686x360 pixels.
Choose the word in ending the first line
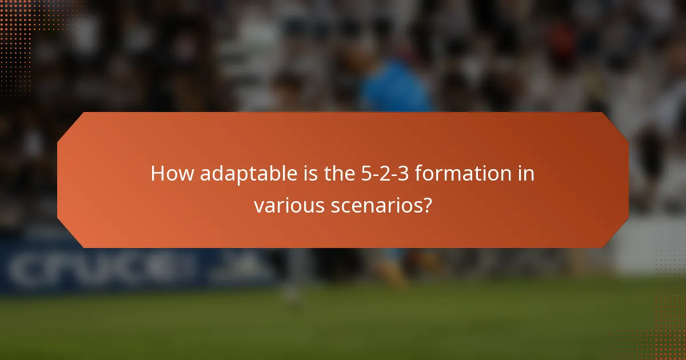click(527, 174)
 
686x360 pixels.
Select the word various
click(289, 205)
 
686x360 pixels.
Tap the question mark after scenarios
click(426, 205)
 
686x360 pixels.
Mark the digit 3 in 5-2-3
click(401, 174)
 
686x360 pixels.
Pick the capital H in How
click(157, 174)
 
